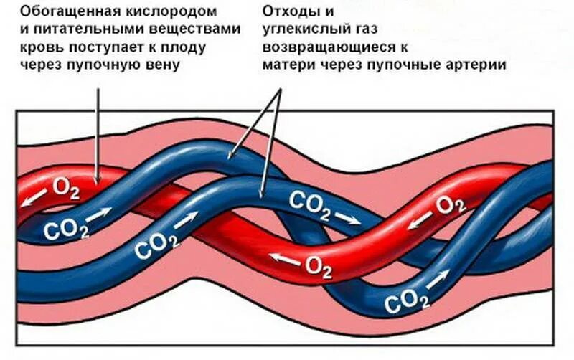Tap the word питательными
(89, 29)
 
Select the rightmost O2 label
(451, 205)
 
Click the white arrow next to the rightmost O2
(420, 219)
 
